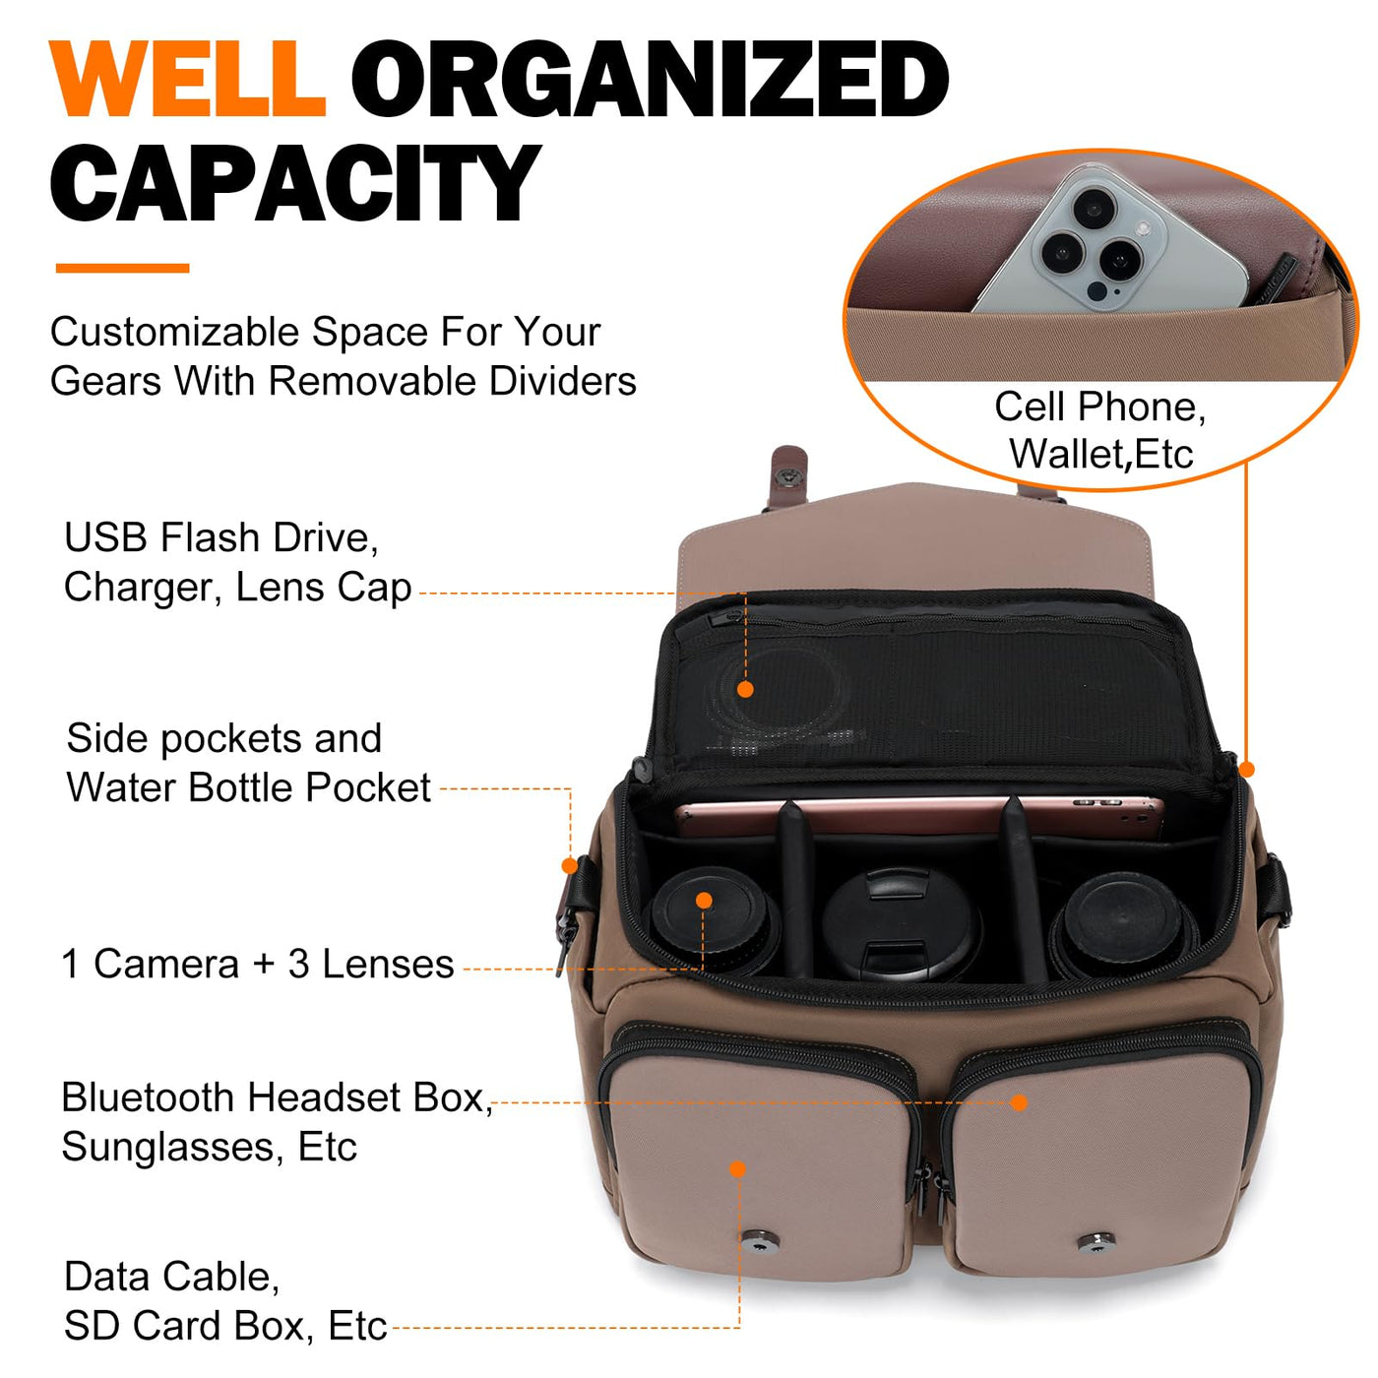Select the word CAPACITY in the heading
click(294, 182)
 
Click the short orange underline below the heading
click(122, 268)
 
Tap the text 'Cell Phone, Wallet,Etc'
click(1100, 430)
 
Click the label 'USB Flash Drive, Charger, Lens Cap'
click(237, 562)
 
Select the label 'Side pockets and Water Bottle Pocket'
click(248, 762)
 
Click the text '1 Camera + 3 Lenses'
click(258, 964)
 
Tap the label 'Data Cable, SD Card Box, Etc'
click(225, 1301)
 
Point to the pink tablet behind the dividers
click(919, 815)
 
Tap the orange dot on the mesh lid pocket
click(745, 689)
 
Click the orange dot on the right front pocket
click(1019, 1102)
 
